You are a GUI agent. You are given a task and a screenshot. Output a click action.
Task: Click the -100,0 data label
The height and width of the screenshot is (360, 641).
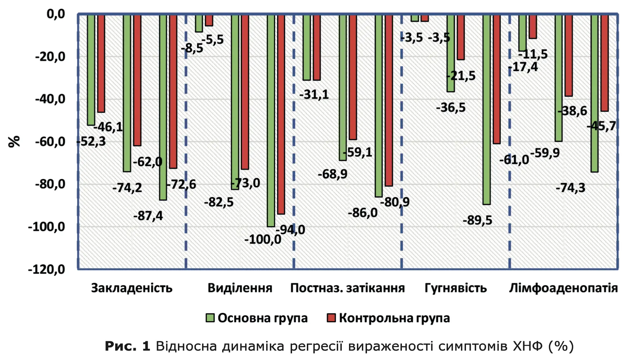[263, 239]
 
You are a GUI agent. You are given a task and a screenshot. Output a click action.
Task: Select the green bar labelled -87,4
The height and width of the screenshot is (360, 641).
[163, 108]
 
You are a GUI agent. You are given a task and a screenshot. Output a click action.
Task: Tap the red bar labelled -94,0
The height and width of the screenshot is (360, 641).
[281, 115]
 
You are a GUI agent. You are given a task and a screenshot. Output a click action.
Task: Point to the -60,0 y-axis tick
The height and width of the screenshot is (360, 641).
[50, 141]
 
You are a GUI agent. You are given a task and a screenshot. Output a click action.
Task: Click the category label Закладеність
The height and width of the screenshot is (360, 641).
[131, 288]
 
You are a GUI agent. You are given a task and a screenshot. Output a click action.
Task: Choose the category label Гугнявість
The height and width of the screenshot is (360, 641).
[456, 288]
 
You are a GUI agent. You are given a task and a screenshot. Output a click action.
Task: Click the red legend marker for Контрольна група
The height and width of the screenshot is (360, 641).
[331, 318]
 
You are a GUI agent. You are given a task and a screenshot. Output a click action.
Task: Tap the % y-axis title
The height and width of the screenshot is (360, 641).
[14, 141]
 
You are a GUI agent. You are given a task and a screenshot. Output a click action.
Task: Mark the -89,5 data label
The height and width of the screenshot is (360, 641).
[477, 220]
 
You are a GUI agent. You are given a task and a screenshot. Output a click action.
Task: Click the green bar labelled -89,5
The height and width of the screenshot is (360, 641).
[487, 108]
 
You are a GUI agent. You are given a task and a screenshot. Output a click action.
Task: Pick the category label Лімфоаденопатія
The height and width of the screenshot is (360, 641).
[563, 288]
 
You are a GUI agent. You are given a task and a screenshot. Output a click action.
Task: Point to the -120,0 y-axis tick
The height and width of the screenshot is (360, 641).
[46, 269]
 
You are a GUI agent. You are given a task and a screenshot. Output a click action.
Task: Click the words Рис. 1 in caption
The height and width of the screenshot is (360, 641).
[127, 346]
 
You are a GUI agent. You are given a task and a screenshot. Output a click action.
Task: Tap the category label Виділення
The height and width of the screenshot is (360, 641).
[240, 288]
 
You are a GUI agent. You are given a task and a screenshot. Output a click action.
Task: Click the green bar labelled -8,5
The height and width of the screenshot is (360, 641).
[199, 23]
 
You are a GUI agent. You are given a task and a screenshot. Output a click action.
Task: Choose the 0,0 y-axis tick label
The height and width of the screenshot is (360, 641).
[56, 14]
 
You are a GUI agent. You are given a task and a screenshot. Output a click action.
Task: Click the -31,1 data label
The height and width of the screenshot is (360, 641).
[314, 95]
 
